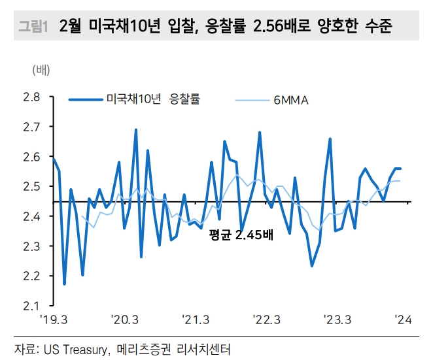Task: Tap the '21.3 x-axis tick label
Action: [196, 320]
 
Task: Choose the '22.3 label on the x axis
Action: [267, 320]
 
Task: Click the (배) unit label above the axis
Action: [41, 69]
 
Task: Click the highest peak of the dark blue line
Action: [136, 129]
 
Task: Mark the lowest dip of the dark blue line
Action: [64, 284]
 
